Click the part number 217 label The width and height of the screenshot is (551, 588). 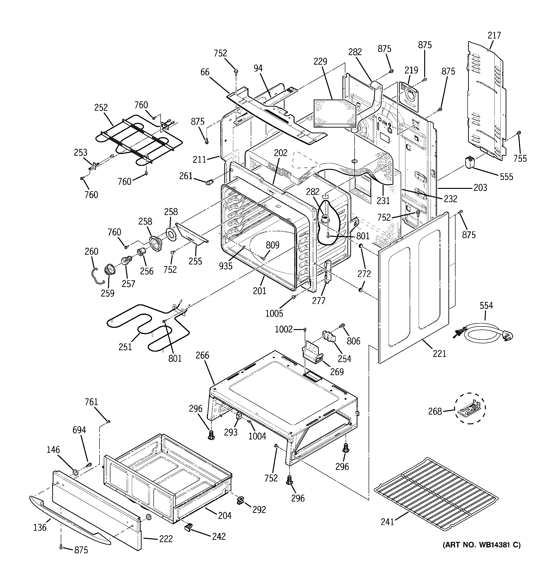[494, 35]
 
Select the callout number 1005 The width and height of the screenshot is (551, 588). [274, 313]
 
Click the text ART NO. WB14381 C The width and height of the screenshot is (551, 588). [481, 545]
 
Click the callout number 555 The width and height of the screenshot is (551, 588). [506, 177]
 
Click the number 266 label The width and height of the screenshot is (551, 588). [202, 355]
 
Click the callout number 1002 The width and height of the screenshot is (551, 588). [284, 329]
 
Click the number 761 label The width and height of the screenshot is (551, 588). [91, 402]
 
